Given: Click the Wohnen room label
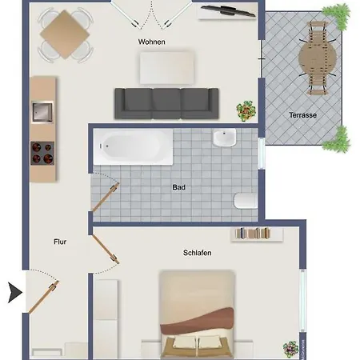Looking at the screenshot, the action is tap(151, 42).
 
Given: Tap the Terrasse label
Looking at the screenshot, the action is tap(303, 115).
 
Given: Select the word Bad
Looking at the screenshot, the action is tap(178, 187).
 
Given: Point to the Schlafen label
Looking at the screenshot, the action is tap(197, 253).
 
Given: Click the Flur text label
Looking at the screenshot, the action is tap(60, 242).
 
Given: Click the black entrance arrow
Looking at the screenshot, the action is tap(15, 293).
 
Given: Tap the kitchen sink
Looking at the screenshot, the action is tap(42, 112).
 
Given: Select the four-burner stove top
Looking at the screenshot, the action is tap(42, 154).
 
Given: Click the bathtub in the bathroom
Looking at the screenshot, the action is tap(133, 146).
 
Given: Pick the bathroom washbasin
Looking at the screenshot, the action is tap(225, 138).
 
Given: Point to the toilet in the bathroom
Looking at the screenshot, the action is tap(246, 201).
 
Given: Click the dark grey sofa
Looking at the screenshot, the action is tap(166, 103).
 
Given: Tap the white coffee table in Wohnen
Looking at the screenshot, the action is tap(166, 68).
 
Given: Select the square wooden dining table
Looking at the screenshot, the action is tap(65, 34).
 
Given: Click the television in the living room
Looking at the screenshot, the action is tap(228, 11).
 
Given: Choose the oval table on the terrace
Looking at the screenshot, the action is tap(318, 58).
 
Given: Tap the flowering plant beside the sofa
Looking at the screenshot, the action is tap(246, 110).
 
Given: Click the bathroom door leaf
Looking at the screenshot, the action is tap(105, 198).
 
